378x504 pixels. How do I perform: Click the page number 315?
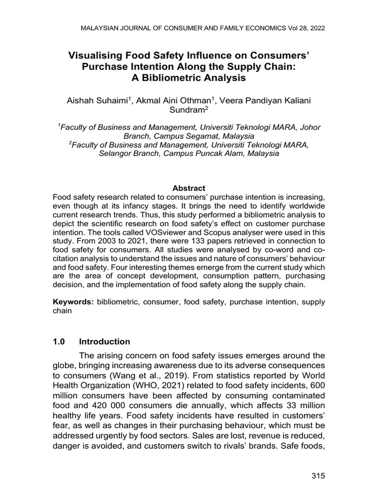pos(318,475)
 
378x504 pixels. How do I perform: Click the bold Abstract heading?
pos(189,188)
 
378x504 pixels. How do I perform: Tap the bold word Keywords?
pos(74,301)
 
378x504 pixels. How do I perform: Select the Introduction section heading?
pos(105,342)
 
